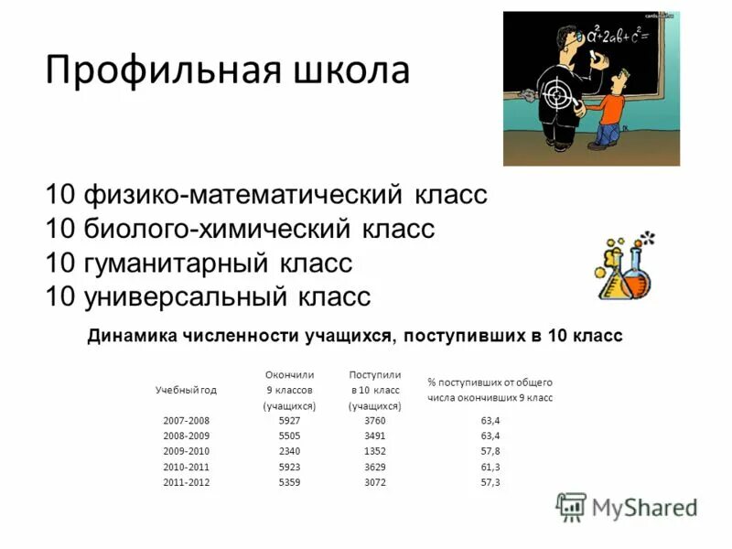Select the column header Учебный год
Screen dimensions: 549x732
tap(186, 390)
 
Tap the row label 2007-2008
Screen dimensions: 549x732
tap(186, 420)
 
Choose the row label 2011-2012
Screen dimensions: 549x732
tap(186, 482)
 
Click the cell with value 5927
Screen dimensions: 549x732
tap(288, 420)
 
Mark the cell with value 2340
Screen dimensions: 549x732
tap(288, 451)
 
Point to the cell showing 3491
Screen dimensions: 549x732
tap(375, 436)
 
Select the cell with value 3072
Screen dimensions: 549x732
tap(375, 482)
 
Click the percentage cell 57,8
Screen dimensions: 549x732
tap(490, 451)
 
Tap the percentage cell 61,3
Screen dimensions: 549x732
tap(490, 467)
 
